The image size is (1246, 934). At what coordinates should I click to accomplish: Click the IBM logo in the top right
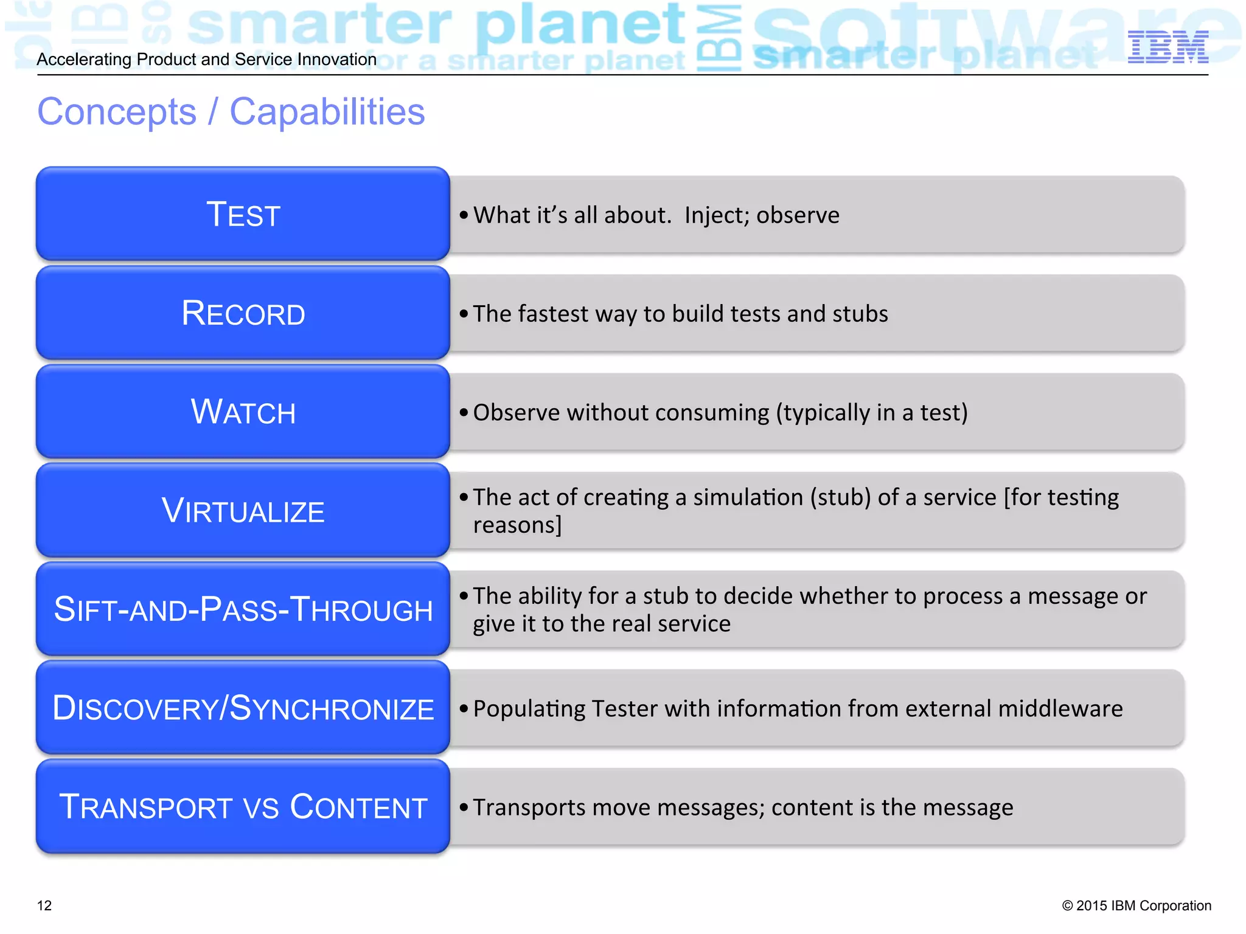pos(1168,47)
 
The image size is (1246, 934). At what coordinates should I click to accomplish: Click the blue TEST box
pos(243,214)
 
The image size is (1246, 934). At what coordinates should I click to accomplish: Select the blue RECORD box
pos(243,313)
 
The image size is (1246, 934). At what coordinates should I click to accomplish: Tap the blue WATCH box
pos(243,412)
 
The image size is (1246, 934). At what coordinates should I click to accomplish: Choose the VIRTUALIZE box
pos(243,511)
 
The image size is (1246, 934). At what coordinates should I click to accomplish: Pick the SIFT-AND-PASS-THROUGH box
pos(243,609)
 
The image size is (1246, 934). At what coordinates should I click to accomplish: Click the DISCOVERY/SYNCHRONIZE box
pos(243,708)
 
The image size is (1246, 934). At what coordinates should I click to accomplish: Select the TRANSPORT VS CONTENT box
pos(243,807)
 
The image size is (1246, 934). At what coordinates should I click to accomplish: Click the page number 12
pos(44,905)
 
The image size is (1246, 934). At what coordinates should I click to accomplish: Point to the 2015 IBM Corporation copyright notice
pos(1136,905)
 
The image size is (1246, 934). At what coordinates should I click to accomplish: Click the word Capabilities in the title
pos(327,112)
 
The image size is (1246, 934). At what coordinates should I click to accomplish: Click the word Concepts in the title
pos(117,112)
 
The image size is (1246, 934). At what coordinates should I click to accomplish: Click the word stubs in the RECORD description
pos(860,314)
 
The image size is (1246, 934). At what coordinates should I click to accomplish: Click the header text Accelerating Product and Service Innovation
pos(206,60)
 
